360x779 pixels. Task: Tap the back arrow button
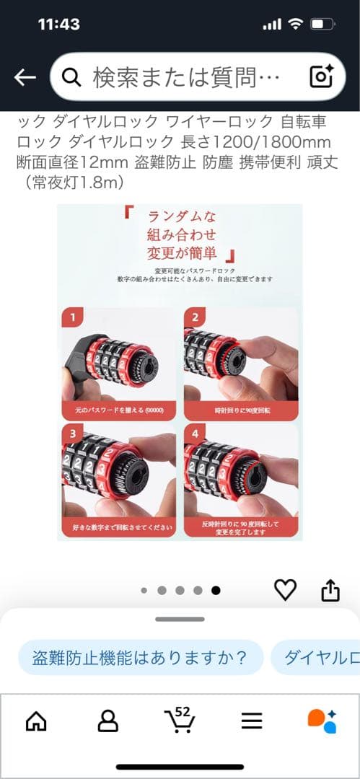coord(25,77)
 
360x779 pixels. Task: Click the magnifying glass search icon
coord(71,77)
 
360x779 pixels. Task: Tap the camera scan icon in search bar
coord(321,76)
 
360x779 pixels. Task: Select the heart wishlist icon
coord(286,590)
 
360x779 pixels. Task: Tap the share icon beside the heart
coord(330,590)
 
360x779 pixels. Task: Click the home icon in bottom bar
coord(36,720)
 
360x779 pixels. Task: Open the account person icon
coord(108,720)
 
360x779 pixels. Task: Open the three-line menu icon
coord(251,720)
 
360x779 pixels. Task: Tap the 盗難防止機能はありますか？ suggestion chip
coord(140,657)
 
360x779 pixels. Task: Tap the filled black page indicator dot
coord(216,590)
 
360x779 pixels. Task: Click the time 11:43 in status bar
coord(58,24)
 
